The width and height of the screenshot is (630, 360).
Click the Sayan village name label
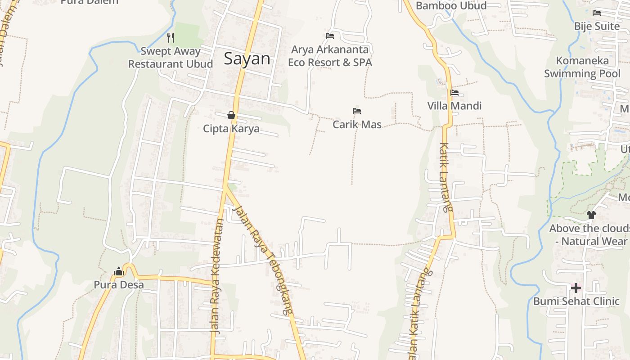[247, 59]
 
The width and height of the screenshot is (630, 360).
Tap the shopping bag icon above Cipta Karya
[231, 116]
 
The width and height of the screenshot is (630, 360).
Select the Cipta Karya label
[231, 129]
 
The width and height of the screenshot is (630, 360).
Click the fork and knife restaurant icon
[171, 37]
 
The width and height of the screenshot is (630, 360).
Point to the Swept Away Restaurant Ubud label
[171, 58]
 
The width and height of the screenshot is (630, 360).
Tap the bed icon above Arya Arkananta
[330, 36]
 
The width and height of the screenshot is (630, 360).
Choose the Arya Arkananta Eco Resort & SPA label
[330, 56]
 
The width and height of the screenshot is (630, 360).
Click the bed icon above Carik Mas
[357, 111]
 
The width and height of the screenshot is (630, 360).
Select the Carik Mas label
[357, 125]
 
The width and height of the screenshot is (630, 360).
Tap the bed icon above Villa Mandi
[454, 93]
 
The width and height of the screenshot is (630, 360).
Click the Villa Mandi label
[454, 106]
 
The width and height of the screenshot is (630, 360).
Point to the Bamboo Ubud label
[451, 6]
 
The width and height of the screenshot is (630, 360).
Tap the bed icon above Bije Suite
[597, 13]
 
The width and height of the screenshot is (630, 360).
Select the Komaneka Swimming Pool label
[582, 67]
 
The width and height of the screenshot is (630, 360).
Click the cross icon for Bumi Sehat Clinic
[576, 288]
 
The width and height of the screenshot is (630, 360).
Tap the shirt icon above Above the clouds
[591, 215]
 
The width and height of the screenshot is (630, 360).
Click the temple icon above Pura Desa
[119, 271]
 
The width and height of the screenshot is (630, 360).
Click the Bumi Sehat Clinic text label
[576, 301]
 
